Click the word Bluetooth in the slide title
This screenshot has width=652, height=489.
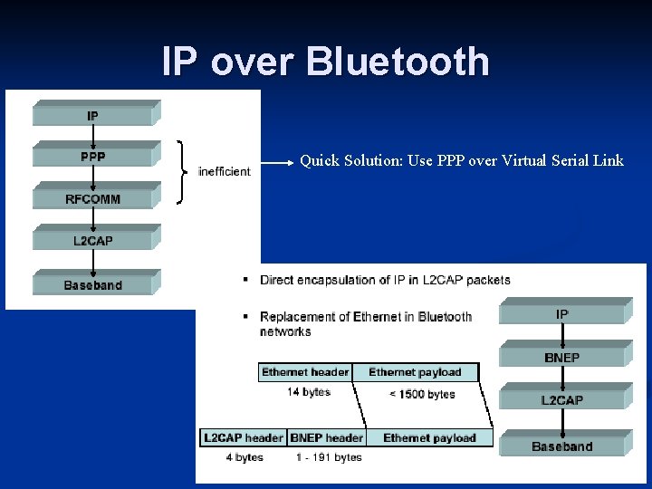(x=398, y=62)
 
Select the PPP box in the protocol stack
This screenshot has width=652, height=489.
(x=92, y=157)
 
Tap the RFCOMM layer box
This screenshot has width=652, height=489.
(x=92, y=199)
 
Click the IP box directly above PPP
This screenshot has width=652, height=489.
(x=92, y=116)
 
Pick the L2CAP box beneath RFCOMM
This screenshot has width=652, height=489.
(x=92, y=241)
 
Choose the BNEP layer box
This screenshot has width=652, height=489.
(x=561, y=358)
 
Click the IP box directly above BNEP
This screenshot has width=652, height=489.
(x=561, y=314)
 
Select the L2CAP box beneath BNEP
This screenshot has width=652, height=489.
(x=561, y=400)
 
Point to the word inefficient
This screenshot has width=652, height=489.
(x=224, y=172)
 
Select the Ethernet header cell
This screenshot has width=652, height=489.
(x=305, y=372)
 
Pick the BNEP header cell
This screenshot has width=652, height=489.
(x=326, y=438)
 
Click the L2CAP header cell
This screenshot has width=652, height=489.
(x=243, y=438)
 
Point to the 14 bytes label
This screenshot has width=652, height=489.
(x=309, y=392)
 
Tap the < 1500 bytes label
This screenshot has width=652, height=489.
(x=422, y=394)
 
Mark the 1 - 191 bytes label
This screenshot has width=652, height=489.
(x=329, y=457)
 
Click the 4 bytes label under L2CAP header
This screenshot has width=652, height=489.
(x=244, y=457)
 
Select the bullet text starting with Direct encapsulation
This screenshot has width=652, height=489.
(x=385, y=280)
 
